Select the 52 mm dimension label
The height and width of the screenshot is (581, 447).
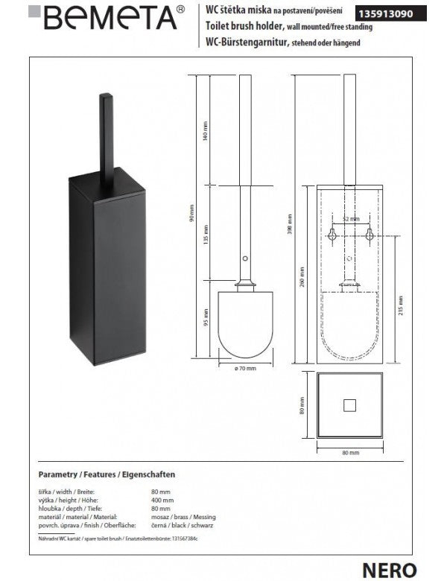pyautogui.click(x=350, y=219)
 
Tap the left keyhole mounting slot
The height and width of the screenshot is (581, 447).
pyautogui.click(x=332, y=235)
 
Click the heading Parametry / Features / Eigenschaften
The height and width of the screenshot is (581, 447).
pyautogui.click(x=106, y=474)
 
